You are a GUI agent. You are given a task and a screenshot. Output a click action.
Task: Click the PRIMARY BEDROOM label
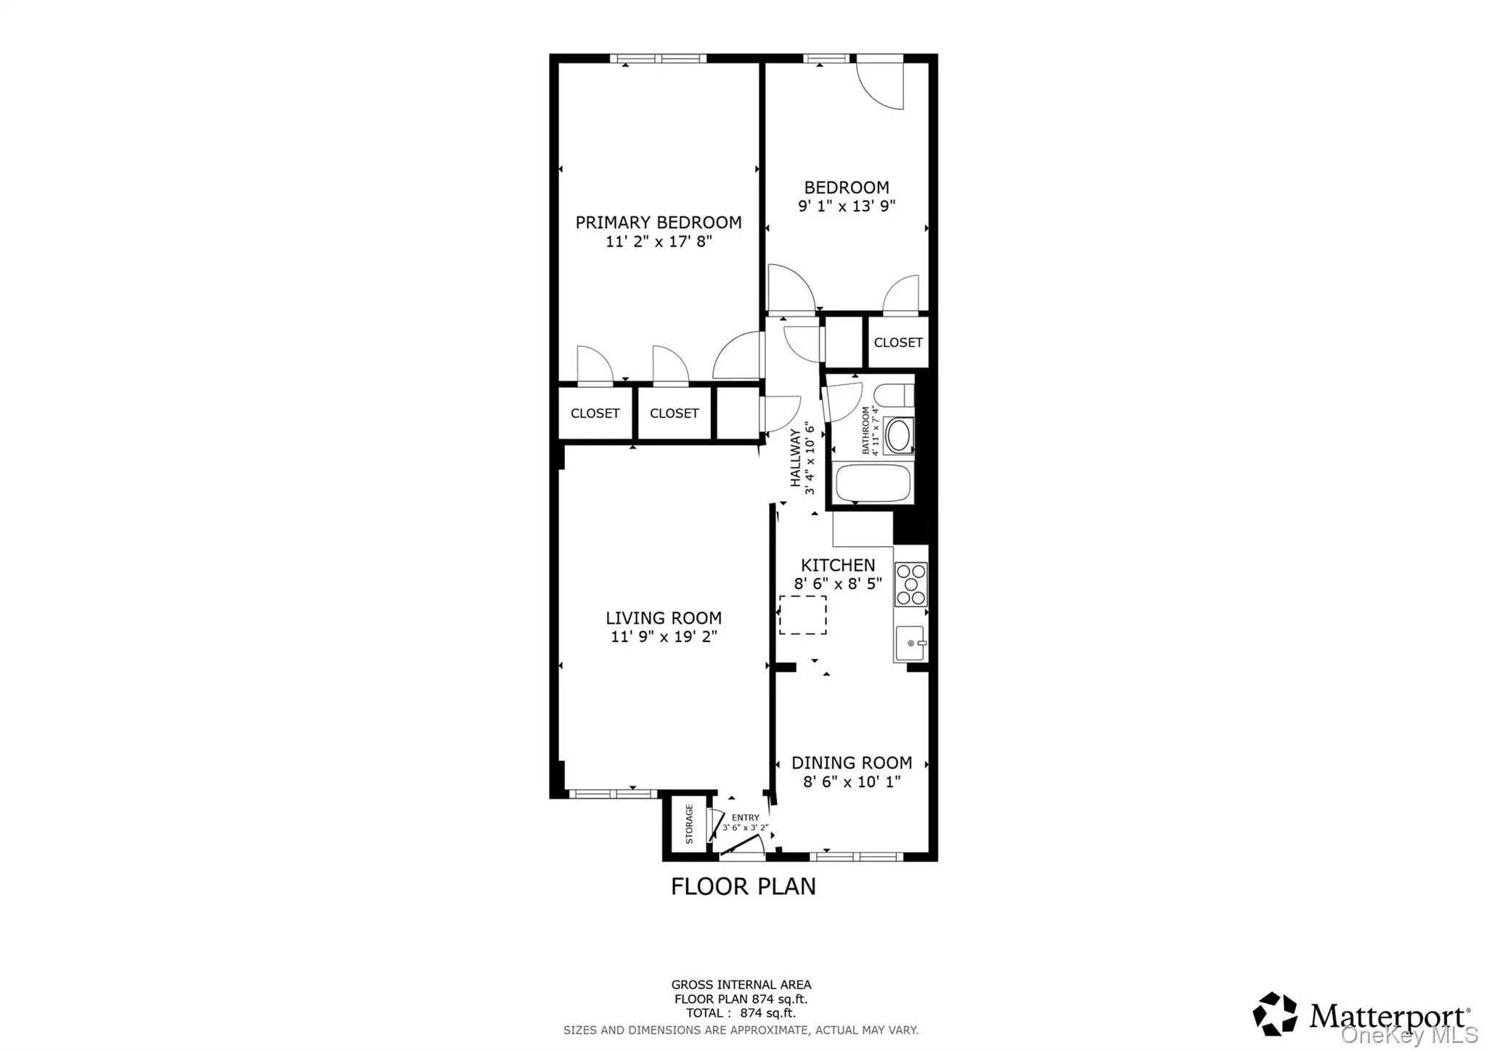(658, 222)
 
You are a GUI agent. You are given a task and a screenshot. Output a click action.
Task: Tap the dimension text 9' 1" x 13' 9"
(847, 206)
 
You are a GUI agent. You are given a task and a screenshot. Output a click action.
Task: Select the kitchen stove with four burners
(910, 584)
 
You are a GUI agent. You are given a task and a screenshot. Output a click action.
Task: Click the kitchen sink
(909, 644)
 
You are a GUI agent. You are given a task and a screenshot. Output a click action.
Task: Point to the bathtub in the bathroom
(873, 483)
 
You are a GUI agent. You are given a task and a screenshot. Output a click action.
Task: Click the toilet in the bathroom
(893, 396)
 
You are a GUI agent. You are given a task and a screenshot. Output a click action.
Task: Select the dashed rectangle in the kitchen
(802, 614)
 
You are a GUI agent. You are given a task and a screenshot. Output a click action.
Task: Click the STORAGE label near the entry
(689, 824)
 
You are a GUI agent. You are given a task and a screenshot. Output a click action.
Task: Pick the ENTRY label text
(746, 817)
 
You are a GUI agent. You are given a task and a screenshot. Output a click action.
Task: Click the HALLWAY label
(795, 458)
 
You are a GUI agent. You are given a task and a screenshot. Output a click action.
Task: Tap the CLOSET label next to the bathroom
(898, 342)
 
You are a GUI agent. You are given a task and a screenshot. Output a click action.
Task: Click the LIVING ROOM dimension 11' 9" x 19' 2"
(664, 637)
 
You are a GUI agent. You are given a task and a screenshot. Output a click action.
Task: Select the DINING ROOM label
(852, 763)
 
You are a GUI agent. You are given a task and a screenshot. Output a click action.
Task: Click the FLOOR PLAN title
(743, 887)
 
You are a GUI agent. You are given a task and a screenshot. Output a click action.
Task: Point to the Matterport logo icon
(1275, 1013)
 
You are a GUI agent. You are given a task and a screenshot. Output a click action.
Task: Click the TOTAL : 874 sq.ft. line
(741, 1013)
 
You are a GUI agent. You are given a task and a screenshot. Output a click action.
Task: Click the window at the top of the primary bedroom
(658, 59)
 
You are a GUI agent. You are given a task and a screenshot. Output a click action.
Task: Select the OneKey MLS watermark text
(1409, 1034)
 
